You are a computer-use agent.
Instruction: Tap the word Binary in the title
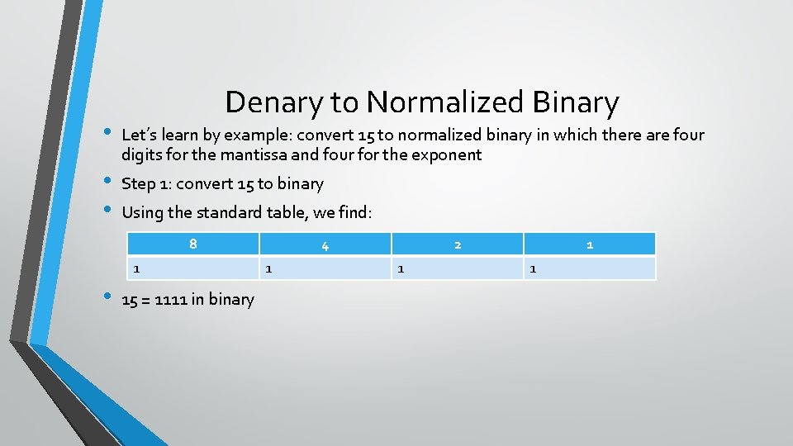pos(576,102)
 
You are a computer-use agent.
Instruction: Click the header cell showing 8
pos(192,244)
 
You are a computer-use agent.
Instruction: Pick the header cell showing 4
pos(325,244)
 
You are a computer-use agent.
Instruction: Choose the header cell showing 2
pos(458,244)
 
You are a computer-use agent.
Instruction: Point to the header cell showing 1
pos(590,244)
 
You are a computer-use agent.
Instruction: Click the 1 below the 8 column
pos(137,268)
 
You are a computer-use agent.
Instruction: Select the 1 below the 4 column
pos(268,268)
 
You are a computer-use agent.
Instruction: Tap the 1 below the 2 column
pos(401,268)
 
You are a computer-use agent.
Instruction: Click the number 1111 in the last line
pos(170,299)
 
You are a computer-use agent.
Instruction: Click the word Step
pos(139,184)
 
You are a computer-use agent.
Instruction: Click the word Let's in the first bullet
pos(140,134)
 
